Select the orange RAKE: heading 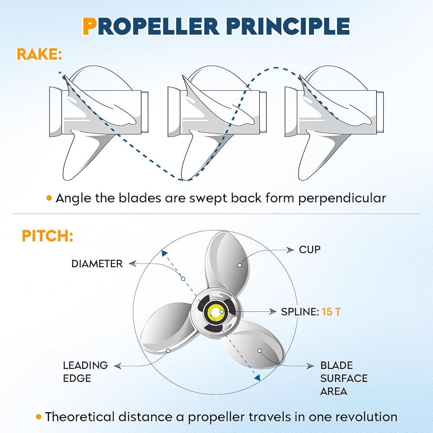[39, 55]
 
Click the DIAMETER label [97, 263]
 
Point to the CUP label [310, 250]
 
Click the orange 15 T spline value [331, 312]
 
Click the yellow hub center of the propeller [215, 312]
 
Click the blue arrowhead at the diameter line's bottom [257, 378]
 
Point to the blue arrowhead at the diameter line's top [164, 253]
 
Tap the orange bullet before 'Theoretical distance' [39, 417]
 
